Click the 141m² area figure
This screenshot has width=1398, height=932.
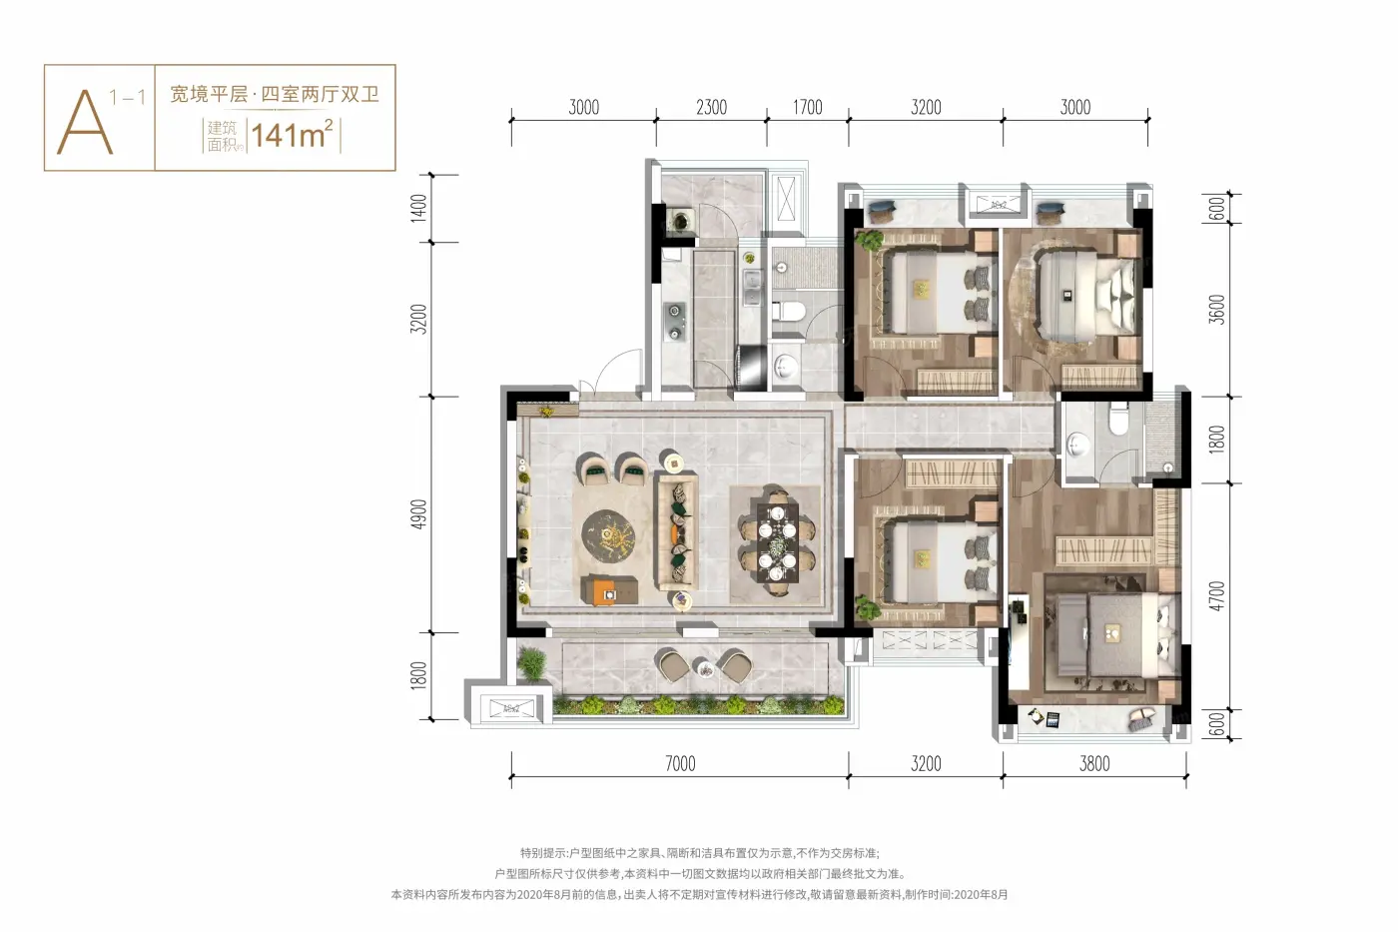tap(292, 134)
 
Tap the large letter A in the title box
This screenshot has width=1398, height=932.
tap(86, 122)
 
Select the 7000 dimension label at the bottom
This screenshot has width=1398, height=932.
tap(680, 763)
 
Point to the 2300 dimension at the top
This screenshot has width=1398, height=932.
tap(711, 107)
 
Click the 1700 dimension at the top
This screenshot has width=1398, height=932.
tap(808, 107)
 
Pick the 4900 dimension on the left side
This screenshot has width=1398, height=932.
tap(418, 514)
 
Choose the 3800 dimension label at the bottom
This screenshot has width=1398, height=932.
tap(1094, 763)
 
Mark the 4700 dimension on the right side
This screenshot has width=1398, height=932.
tap(1216, 596)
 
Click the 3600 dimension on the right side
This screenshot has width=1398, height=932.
tap(1216, 310)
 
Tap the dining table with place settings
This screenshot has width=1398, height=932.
tap(777, 541)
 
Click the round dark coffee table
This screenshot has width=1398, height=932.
tap(608, 535)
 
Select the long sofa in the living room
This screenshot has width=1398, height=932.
tap(675, 531)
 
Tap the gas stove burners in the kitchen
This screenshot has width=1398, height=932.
tap(674, 322)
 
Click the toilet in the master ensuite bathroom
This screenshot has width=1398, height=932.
tap(1118, 419)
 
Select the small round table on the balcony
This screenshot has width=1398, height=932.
tap(705, 668)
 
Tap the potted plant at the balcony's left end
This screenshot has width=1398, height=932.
tap(531, 663)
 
